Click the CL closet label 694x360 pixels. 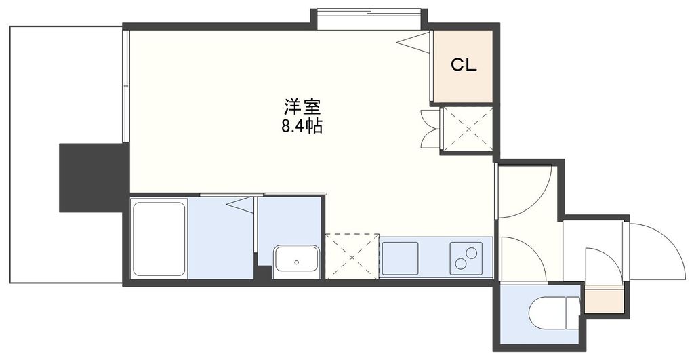click(464, 65)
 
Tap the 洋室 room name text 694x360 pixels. click(302, 106)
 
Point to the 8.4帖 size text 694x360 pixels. click(302, 125)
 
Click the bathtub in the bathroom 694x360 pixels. click(159, 239)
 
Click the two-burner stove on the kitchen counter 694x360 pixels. click(466, 258)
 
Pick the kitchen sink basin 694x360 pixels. click(401, 258)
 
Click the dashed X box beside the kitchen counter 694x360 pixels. click(352, 256)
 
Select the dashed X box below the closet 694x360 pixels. click(466, 129)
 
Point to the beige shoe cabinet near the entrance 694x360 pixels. click(603, 300)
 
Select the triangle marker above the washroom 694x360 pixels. click(240, 203)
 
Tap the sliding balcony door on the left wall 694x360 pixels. click(126, 87)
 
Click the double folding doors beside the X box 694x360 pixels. click(430, 128)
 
